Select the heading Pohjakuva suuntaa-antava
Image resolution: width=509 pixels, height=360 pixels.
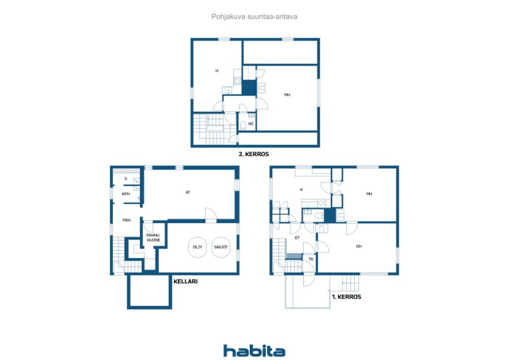pos(254,17)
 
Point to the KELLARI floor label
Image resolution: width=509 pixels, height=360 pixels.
pos(186,281)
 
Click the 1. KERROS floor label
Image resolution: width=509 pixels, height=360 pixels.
pos(346,297)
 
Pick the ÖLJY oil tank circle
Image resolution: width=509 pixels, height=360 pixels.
pos(198,247)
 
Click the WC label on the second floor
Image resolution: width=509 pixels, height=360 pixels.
pos(251,124)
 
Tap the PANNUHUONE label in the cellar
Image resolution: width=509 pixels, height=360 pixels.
pos(153,237)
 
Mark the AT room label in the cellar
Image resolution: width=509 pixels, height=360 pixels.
pos(188,193)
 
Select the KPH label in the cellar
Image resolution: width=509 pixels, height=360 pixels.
pos(126,194)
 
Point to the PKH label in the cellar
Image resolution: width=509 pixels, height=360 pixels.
pos(127,220)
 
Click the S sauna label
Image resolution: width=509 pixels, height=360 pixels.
pos(126,179)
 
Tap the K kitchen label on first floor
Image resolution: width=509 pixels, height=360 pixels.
pos(301,190)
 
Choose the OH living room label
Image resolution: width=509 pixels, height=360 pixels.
pos(359,247)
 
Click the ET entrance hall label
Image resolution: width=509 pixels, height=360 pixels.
pos(297,238)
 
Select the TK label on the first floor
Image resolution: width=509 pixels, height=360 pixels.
pos(311,259)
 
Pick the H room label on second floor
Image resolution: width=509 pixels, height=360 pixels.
pos(217,71)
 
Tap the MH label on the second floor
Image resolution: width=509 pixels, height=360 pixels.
pos(287,95)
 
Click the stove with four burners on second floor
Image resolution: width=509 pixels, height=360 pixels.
pos(237,81)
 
